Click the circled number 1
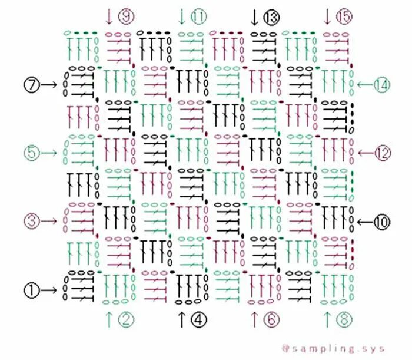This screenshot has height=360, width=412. (32, 290)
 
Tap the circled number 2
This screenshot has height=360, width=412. (126, 319)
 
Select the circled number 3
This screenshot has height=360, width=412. (32, 220)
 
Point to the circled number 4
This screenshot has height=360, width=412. (199, 319)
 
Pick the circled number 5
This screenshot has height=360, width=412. (32, 153)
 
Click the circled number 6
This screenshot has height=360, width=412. (271, 319)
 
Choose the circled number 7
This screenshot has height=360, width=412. (32, 85)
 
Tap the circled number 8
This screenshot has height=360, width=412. (344, 319)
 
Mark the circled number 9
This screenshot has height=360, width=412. (126, 16)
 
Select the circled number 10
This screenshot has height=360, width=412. (382, 222)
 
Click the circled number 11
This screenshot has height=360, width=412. (199, 16)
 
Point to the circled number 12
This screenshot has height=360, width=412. (382, 153)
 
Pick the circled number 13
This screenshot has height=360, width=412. (271, 17)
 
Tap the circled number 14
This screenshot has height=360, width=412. (382, 85)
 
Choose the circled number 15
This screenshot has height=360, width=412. (344, 16)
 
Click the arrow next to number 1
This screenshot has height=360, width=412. (49, 290)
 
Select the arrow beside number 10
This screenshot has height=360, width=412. (366, 222)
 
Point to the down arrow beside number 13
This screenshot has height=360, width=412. (254, 17)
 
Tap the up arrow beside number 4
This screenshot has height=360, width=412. (181, 319)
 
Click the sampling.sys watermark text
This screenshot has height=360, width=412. (333, 349)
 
